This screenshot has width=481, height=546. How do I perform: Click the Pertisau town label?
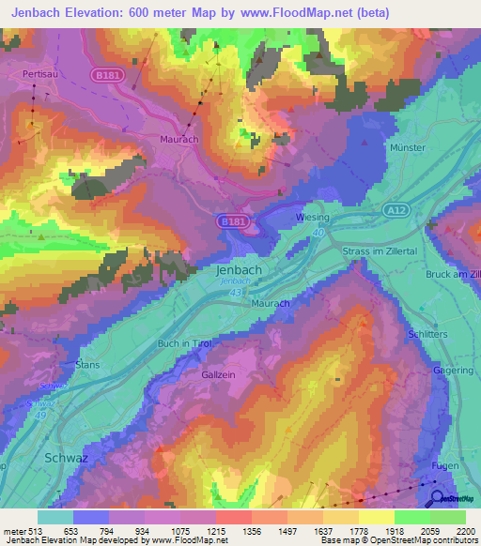click(41, 71)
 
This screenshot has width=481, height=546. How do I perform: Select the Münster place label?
click(408, 148)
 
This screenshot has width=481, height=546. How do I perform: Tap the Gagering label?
click(453, 371)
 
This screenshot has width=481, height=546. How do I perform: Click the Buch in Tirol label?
click(185, 344)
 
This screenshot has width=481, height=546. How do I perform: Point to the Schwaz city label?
click(67, 458)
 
